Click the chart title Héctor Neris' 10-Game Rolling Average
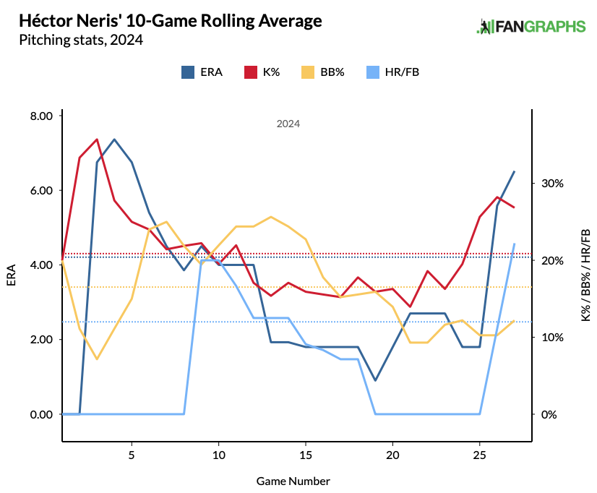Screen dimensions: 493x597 (x=171, y=21)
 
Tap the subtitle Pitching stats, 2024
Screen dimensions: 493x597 (x=81, y=40)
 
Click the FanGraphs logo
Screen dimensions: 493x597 (x=531, y=27)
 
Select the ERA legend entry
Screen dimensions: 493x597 (x=202, y=72)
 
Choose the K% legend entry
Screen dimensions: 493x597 (x=262, y=72)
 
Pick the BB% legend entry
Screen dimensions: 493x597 (x=323, y=72)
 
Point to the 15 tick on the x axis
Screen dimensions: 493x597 (x=306, y=456)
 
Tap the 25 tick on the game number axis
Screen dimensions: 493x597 (x=479, y=456)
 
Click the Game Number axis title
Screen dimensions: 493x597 (x=293, y=480)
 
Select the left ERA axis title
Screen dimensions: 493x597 (x=11, y=275)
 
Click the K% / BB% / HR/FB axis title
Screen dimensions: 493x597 (x=585, y=275)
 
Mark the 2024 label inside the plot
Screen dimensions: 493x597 (x=288, y=124)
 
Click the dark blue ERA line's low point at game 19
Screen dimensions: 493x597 (x=375, y=380)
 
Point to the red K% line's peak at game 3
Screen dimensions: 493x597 (x=97, y=139)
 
